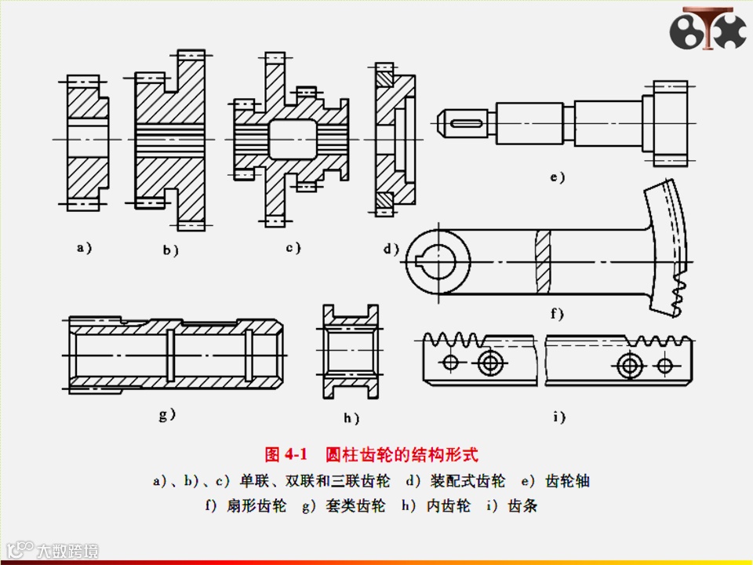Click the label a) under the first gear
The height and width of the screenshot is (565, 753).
point(84,248)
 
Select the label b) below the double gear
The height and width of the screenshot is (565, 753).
point(171,250)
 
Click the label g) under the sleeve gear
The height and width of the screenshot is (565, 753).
point(167,414)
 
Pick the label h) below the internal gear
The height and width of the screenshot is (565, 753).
point(351,418)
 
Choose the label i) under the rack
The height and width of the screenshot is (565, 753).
point(558,417)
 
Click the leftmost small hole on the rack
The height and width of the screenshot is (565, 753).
point(450,362)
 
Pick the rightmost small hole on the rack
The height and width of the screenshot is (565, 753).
point(664,365)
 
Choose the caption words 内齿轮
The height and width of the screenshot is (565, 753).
point(448,506)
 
